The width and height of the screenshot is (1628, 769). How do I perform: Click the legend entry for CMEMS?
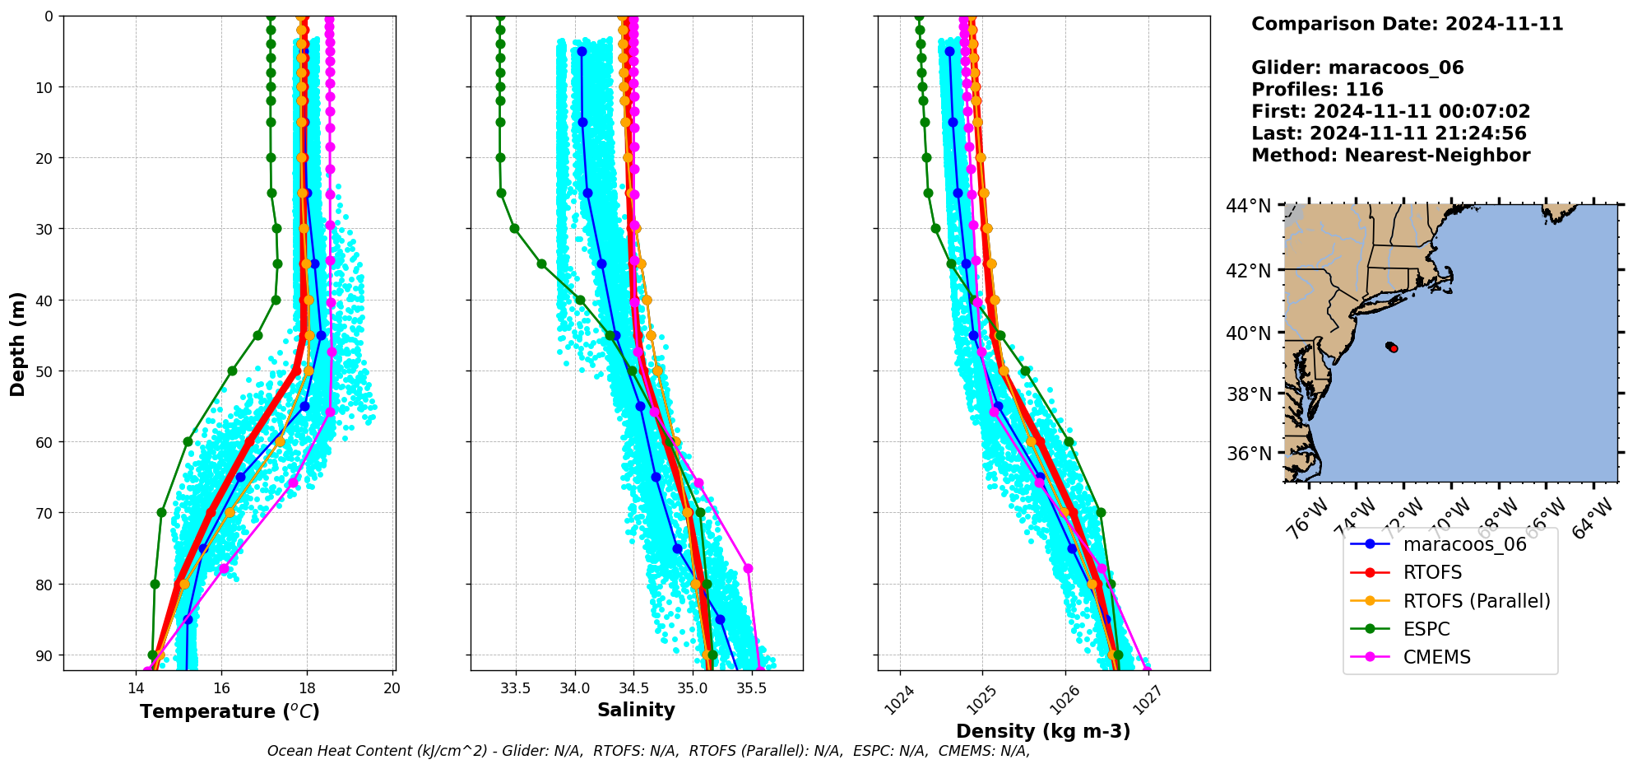(1436, 657)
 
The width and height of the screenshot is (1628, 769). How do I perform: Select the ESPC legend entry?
(1426, 629)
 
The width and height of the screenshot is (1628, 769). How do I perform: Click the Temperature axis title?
(230, 711)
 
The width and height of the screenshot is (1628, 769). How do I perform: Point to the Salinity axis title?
(636, 710)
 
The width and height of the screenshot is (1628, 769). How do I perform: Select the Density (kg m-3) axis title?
(1043, 731)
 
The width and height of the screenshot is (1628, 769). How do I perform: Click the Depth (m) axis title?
(18, 343)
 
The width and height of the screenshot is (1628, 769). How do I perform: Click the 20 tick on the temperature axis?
(392, 688)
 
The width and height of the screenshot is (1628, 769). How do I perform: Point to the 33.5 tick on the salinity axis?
(516, 688)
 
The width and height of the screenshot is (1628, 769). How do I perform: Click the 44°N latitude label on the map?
(1249, 206)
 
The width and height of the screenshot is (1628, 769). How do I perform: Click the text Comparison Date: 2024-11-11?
(1407, 24)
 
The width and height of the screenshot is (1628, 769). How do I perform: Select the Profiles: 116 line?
(1317, 90)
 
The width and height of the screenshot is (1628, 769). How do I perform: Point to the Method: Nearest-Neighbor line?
(1390, 156)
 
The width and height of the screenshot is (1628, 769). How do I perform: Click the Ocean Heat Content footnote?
(648, 751)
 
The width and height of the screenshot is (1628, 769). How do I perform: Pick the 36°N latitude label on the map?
(1249, 454)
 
